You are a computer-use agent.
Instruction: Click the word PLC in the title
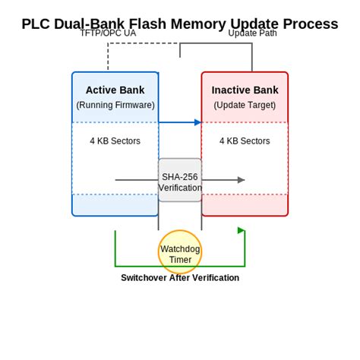(x=36, y=24)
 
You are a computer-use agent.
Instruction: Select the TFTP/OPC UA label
(x=108, y=33)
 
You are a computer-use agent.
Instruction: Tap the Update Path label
(x=252, y=33)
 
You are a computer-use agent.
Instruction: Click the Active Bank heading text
(x=115, y=90)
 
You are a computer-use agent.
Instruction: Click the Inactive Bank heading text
(x=245, y=90)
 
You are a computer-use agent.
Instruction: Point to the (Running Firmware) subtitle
(x=115, y=105)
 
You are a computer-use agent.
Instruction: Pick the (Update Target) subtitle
(x=245, y=105)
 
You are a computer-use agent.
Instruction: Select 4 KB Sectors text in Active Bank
(x=115, y=141)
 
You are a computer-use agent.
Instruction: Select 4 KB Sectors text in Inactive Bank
(x=245, y=141)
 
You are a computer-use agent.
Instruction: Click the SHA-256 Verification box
(x=180, y=181)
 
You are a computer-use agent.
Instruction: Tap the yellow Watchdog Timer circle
(x=180, y=252)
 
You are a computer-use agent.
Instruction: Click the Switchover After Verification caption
(x=180, y=278)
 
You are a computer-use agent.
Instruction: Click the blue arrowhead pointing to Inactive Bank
(x=198, y=122)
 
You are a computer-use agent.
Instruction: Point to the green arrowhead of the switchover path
(x=242, y=230)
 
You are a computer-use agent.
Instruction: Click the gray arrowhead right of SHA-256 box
(x=242, y=180)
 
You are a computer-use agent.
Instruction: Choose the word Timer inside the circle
(x=180, y=260)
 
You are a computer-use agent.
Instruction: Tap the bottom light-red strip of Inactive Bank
(x=245, y=205)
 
